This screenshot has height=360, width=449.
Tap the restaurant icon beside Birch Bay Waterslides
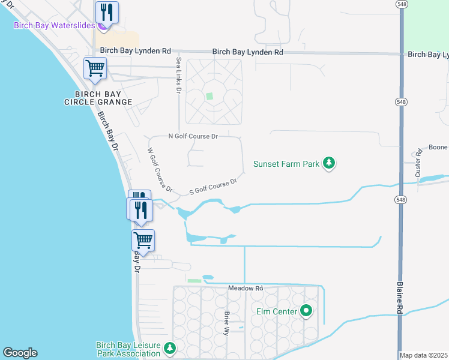point(107,12)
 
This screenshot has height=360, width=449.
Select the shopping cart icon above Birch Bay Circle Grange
point(95,69)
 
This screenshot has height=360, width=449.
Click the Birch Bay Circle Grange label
point(98,98)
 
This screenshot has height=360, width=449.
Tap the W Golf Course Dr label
point(160,170)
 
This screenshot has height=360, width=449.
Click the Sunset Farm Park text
point(286,163)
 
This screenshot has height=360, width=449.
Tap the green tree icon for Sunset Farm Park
point(328,163)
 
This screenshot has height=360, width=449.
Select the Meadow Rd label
point(246,289)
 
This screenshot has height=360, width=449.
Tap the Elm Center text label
point(276,311)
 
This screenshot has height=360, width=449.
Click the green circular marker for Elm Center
point(307,311)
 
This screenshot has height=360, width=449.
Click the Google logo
point(20,353)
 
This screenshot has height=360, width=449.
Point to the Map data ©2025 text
point(424,355)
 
